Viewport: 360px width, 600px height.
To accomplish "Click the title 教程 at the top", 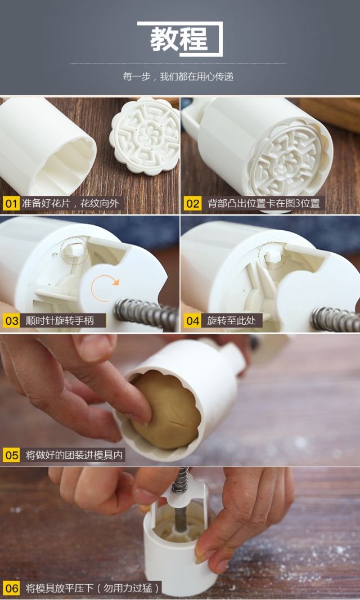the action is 179,39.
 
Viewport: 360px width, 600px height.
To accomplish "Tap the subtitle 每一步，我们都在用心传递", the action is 178,77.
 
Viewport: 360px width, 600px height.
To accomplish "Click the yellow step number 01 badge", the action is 11,203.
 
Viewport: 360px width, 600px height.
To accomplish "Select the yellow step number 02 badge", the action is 192,203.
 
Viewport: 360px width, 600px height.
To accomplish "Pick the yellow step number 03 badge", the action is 11,320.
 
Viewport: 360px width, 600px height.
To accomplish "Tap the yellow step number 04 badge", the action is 192,320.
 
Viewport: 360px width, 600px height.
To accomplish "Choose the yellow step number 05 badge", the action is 11,455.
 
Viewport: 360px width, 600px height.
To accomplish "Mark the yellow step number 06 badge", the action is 11,588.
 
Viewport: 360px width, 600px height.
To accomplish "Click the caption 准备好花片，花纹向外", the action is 70,203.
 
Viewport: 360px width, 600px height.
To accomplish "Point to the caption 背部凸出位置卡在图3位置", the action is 264,203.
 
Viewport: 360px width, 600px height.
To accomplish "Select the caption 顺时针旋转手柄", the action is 60,320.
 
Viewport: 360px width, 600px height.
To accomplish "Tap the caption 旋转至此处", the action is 231,320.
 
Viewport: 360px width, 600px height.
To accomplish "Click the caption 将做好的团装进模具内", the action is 74,455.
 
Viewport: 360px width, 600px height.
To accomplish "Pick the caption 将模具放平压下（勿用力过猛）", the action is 92,588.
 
